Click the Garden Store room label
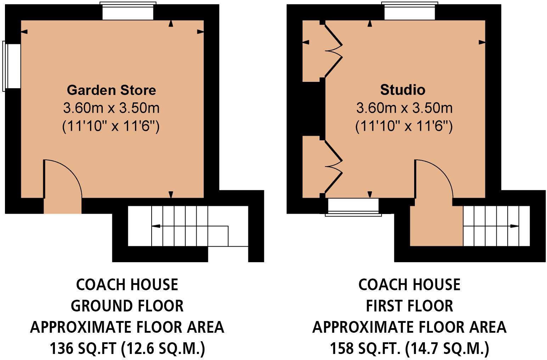111,90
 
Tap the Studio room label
402,90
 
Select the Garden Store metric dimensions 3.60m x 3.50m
111,108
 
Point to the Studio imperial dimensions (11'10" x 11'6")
404,126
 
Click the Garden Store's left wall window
12,66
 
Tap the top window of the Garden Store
128,12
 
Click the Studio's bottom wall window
353,206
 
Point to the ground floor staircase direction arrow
156,226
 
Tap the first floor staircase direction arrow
514,226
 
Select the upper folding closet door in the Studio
333,50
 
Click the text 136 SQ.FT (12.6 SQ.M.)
127,349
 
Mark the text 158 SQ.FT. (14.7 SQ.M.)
410,349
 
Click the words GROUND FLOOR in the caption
127,306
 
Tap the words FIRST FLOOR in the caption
410,306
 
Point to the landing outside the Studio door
436,227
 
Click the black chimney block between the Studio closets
311,109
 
